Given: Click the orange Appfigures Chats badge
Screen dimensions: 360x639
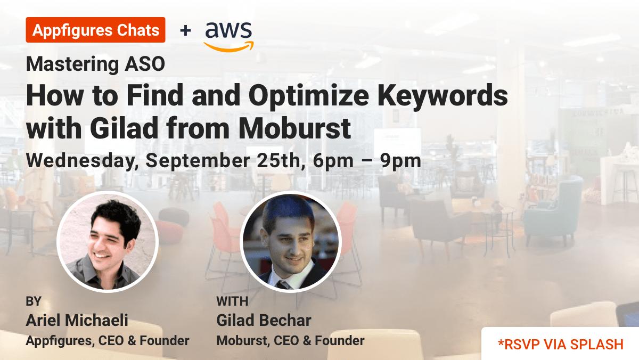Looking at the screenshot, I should (x=95, y=30).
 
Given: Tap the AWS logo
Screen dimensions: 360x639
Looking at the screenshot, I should (x=228, y=35).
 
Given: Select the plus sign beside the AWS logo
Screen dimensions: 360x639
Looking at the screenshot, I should (x=185, y=30).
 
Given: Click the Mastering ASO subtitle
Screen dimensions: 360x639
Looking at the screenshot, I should (x=95, y=64).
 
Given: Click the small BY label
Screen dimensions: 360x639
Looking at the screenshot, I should (x=34, y=301).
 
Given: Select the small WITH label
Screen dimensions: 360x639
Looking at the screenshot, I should (x=232, y=301).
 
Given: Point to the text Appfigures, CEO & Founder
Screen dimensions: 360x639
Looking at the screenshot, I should (x=108, y=340).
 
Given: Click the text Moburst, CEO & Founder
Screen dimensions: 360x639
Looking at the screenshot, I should (x=290, y=340).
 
